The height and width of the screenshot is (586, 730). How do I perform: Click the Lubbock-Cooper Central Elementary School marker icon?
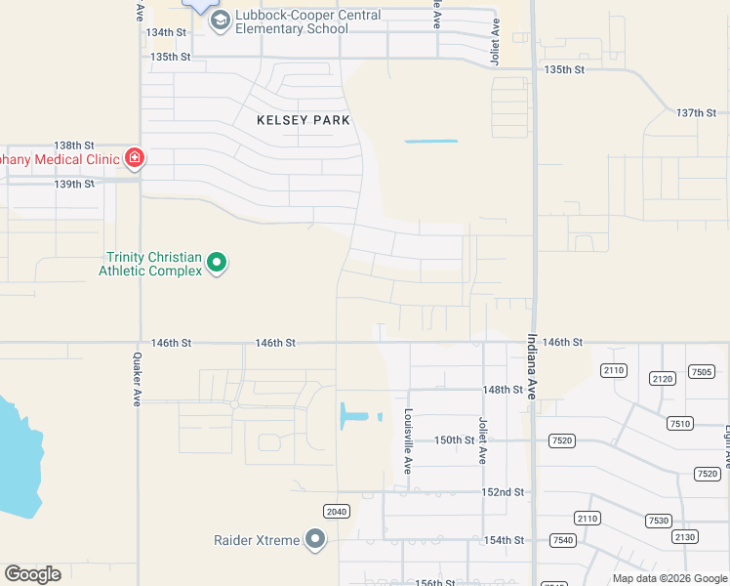tap(220, 21)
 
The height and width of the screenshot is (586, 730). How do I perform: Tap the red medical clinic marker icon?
tap(134, 157)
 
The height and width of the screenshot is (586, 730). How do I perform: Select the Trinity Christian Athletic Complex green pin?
tap(218, 262)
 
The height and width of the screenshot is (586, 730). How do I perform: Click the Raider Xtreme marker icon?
tap(314, 539)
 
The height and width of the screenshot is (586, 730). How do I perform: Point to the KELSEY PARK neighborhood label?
tap(303, 120)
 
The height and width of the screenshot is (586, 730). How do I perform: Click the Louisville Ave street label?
tap(409, 440)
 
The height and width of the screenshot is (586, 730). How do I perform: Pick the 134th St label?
tap(166, 32)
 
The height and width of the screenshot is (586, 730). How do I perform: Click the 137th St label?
tap(696, 112)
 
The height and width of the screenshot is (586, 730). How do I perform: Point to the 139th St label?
tap(74, 184)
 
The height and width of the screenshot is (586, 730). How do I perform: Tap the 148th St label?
tap(504, 389)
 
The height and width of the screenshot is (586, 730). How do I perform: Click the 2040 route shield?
tap(336, 511)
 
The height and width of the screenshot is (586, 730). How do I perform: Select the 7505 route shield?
tap(701, 371)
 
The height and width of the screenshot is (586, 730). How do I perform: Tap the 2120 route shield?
tap(663, 378)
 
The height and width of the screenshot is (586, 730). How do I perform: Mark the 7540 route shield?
tap(562, 540)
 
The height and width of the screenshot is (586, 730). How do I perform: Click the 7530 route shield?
tap(658, 521)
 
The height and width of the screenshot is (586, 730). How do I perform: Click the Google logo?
tap(33, 573)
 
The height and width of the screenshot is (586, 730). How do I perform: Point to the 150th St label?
tap(454, 439)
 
